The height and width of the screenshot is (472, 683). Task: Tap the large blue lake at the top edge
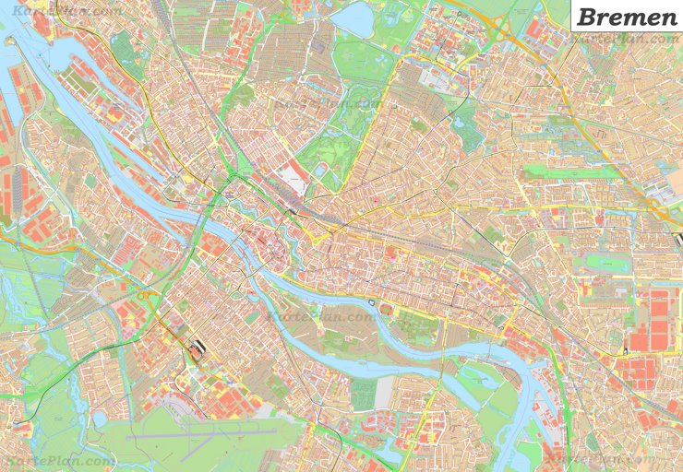click(x=353, y=18)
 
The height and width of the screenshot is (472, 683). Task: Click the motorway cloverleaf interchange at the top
click(x=499, y=28)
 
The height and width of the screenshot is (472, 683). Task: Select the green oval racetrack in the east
click(x=601, y=264)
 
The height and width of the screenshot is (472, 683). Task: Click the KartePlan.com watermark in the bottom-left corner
click(x=59, y=460)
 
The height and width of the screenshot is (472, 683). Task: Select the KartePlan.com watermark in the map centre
click(x=321, y=314)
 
